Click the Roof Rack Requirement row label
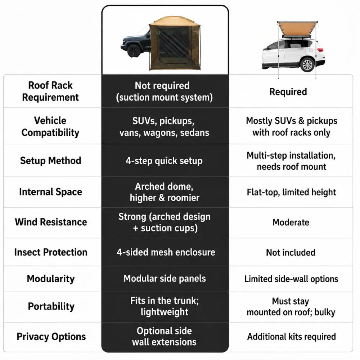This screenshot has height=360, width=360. click(x=50, y=91)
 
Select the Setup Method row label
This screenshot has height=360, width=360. click(x=50, y=161)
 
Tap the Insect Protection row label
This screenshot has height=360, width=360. click(x=51, y=252)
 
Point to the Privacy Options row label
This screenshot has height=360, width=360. click(x=51, y=337)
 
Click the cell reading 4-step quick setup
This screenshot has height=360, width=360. click(x=164, y=161)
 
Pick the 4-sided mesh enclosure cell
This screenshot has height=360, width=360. click(x=166, y=252)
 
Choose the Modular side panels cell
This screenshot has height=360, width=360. click(x=165, y=279)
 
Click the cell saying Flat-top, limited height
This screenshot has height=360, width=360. click(x=291, y=192)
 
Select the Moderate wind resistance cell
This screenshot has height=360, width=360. click(x=291, y=222)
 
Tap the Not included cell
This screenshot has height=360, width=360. click(x=291, y=253)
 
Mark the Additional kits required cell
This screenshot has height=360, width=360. click(x=292, y=337)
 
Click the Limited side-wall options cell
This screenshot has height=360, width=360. click(x=291, y=279)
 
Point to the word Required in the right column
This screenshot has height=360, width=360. click(x=288, y=91)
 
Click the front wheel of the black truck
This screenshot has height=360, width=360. click(x=134, y=50)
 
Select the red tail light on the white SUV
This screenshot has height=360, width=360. click(x=320, y=50)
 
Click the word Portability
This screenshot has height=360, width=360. click(x=51, y=306)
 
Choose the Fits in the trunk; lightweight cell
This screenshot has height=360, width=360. click(x=165, y=306)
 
